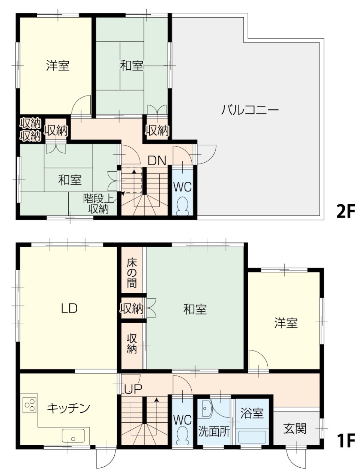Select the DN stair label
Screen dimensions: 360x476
click(157, 161)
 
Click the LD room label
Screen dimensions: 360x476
click(69, 308)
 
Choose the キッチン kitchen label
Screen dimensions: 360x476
click(69, 408)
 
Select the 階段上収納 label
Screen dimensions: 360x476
click(98, 204)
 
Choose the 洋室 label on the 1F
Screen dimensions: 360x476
click(286, 323)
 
